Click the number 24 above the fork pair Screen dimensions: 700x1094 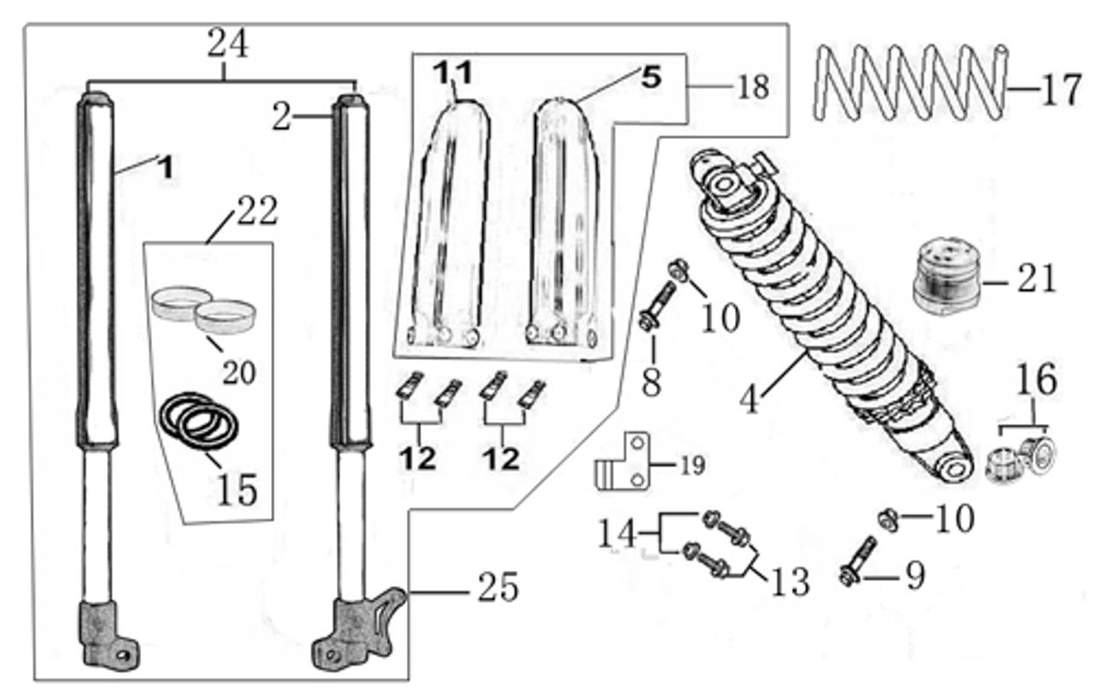click(227, 43)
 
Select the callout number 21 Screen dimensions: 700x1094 click(1036, 279)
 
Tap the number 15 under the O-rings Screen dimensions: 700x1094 click(237, 489)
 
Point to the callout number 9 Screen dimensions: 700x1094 click(915, 576)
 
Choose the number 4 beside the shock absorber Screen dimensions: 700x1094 click(750, 399)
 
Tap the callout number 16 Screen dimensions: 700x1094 click(1036, 380)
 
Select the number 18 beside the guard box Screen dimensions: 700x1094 click(752, 87)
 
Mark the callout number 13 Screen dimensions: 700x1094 click(789, 582)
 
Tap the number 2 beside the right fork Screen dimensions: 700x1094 click(282, 117)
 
